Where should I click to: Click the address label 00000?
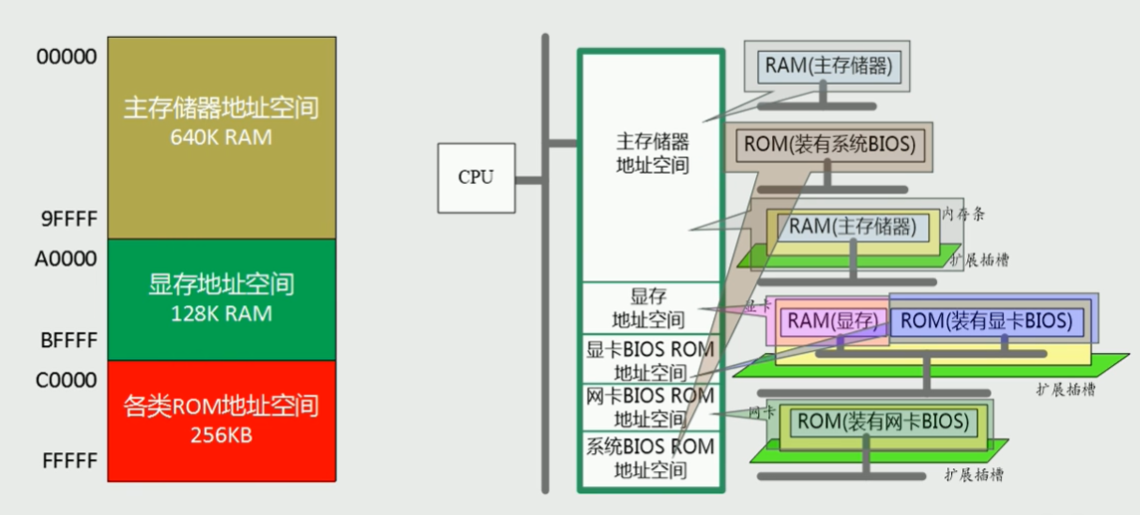tap(67, 57)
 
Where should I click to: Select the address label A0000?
tap(66, 258)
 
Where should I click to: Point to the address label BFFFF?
tap(67, 341)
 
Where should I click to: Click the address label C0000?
tap(66, 380)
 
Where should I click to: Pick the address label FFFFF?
tap(67, 461)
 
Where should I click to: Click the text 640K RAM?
tap(221, 137)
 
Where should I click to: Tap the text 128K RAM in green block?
tap(221, 313)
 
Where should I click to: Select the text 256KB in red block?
tap(221, 435)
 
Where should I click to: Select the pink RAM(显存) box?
tap(832, 321)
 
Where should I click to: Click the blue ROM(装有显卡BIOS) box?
tap(986, 321)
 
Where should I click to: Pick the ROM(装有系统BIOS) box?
tap(828, 144)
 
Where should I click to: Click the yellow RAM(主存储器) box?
tap(853, 227)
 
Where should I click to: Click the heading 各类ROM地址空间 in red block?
tap(221, 407)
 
